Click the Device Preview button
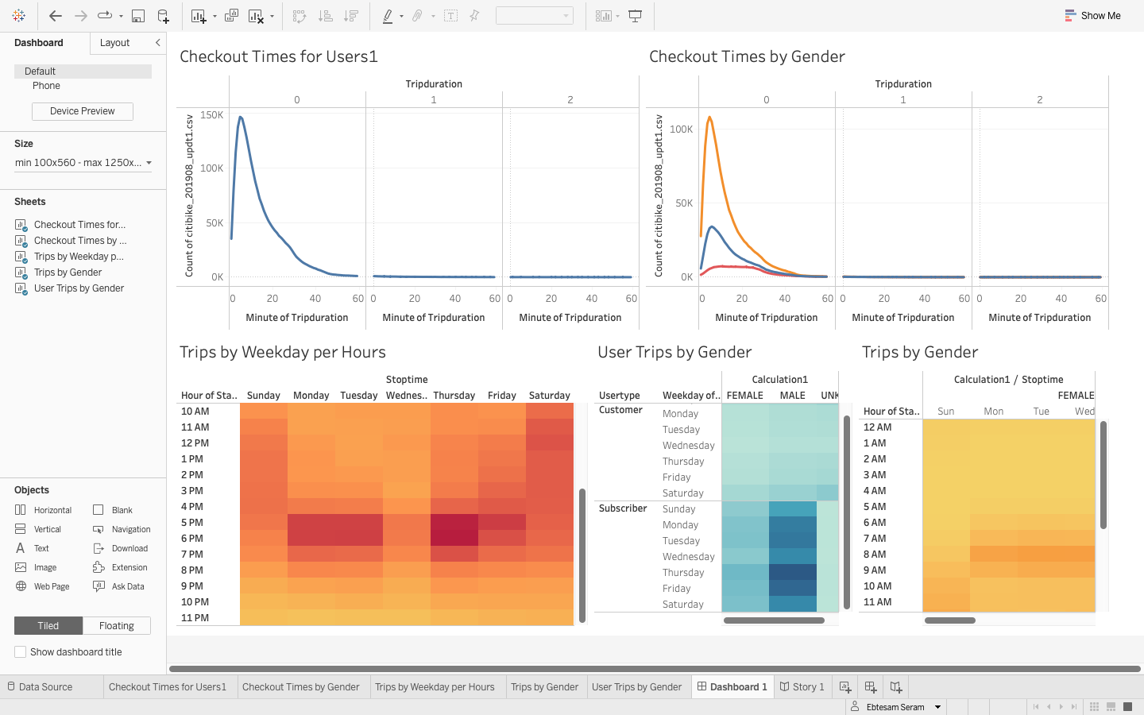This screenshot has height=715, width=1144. point(83,111)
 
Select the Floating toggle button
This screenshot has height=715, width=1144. point(116,626)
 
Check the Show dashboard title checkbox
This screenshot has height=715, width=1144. point(21,652)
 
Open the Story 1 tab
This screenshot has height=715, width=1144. point(802,687)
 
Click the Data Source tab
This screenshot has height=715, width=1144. point(45,687)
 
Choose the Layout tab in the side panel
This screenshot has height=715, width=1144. point(114,43)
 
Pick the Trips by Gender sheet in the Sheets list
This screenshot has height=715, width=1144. point(68,272)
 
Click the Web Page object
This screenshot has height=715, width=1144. point(52,587)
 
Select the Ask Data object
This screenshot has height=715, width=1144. point(128,587)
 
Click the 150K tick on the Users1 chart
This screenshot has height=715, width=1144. point(212,115)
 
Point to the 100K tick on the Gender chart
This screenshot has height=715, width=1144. point(681,129)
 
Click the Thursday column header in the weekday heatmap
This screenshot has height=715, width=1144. point(454,396)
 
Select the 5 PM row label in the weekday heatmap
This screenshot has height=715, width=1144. point(192,523)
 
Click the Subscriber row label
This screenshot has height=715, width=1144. point(623,508)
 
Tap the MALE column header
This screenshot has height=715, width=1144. point(792,396)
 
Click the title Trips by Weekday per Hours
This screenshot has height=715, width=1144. point(283,352)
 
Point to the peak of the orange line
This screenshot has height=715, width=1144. point(709,118)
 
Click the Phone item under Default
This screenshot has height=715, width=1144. point(46,86)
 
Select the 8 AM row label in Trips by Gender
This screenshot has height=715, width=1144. point(875,555)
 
